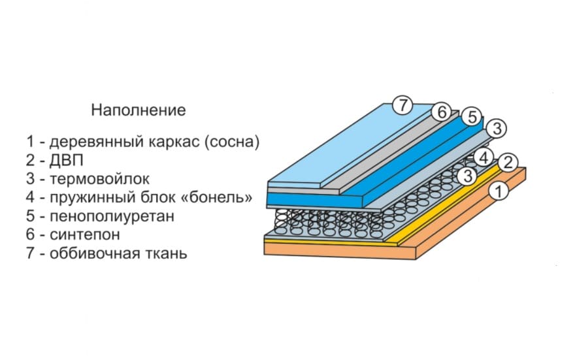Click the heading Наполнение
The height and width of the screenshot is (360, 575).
point(138,110)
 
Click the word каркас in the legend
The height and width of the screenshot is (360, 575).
point(176,141)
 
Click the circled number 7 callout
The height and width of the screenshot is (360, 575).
point(403,104)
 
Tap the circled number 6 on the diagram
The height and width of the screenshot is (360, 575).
point(442,112)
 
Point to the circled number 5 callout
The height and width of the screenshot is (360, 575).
point(470,117)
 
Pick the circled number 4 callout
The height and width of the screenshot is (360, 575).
point(483,157)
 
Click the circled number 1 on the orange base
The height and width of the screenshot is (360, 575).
point(499,191)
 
